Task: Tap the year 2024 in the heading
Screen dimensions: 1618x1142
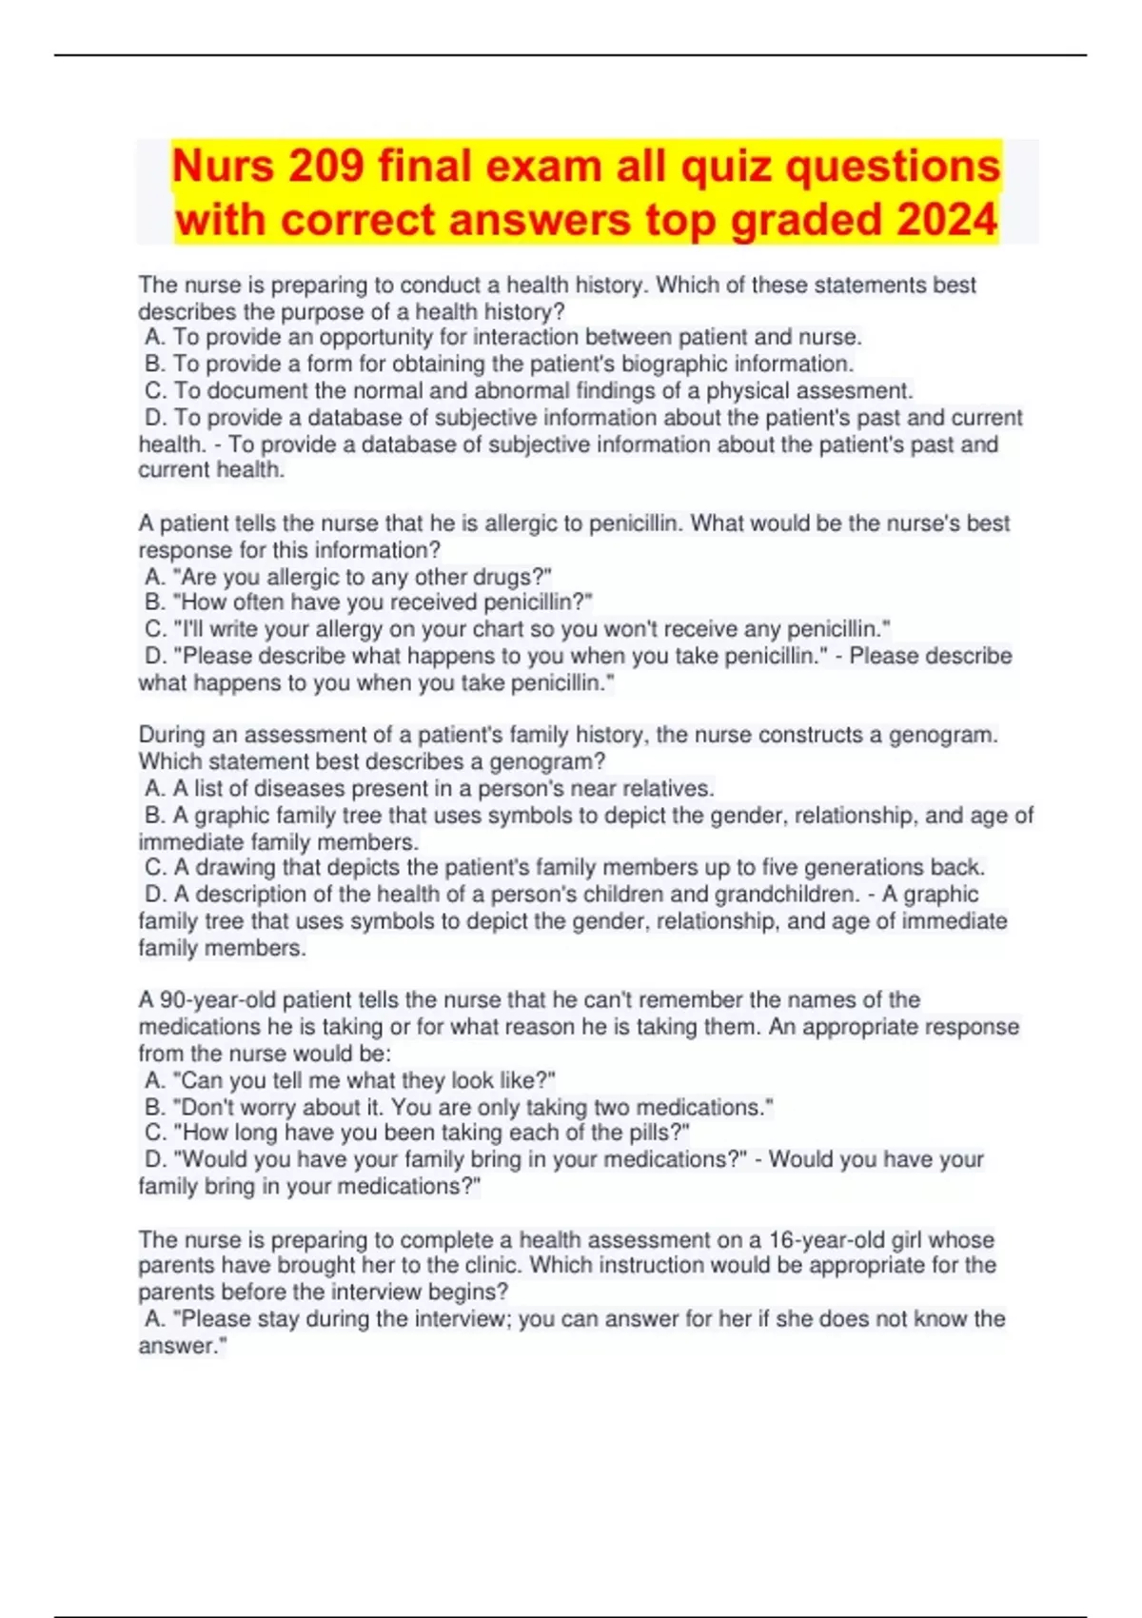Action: point(946,220)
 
